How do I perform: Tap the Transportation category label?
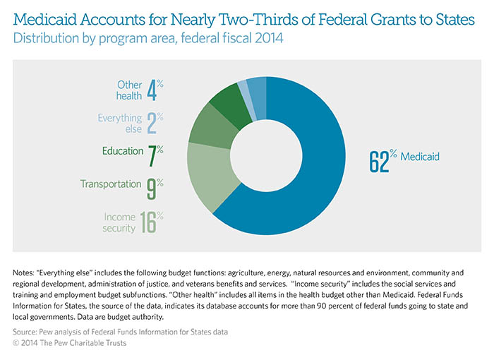click(110, 184)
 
